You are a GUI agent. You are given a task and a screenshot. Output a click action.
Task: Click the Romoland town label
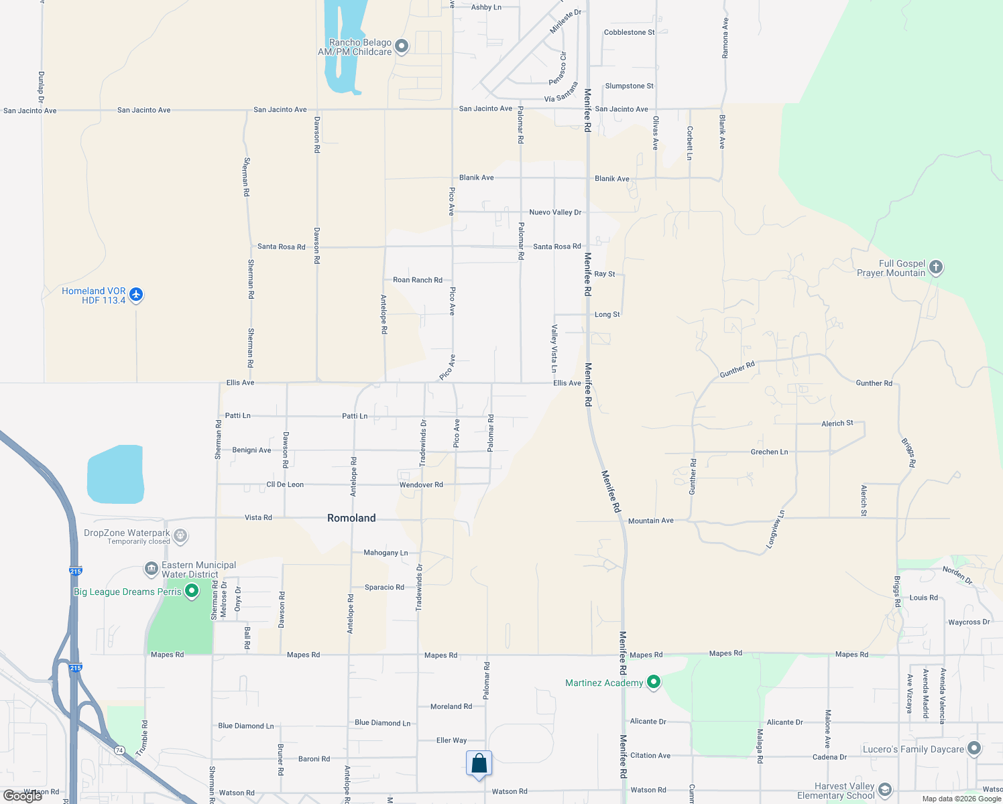click(x=351, y=518)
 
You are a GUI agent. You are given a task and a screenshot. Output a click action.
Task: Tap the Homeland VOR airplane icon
click(x=136, y=294)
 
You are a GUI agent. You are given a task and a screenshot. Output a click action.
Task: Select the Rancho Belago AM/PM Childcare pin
click(x=402, y=46)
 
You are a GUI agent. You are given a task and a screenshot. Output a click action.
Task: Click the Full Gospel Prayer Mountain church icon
click(x=936, y=267)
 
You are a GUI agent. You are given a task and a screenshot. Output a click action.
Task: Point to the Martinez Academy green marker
click(x=654, y=683)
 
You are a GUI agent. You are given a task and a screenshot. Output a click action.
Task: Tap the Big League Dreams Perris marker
click(x=192, y=591)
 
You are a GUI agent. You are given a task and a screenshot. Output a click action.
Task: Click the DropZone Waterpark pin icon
click(x=180, y=536)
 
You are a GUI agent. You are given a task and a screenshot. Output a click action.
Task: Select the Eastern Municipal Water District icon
click(x=151, y=569)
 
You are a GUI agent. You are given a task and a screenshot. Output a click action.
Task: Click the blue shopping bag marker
click(x=479, y=764)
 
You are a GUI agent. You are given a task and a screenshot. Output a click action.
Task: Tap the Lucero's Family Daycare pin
click(x=974, y=748)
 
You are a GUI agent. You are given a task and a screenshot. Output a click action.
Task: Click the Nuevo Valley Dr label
click(x=555, y=212)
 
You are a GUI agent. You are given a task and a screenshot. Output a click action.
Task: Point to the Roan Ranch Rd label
click(x=418, y=280)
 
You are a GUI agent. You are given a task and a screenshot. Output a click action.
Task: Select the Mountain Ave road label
click(x=650, y=521)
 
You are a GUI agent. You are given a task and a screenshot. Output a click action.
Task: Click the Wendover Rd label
click(x=421, y=484)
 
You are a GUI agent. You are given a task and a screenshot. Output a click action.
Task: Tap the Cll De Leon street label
click(x=285, y=484)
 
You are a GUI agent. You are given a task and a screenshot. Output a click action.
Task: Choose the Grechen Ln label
click(x=769, y=452)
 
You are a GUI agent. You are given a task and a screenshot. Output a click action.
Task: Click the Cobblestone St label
click(x=629, y=32)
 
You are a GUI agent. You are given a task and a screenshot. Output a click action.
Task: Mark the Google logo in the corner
click(x=23, y=796)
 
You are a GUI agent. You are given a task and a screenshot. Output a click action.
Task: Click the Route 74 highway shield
click(x=119, y=750)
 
